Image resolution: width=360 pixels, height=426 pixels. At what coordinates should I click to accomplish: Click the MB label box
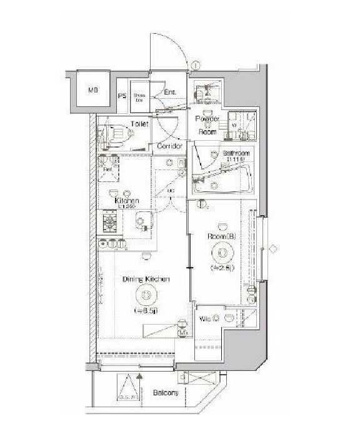click(92, 91)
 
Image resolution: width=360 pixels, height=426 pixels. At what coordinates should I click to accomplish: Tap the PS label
click(122, 96)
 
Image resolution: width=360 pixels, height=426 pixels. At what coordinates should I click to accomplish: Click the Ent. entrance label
click(169, 93)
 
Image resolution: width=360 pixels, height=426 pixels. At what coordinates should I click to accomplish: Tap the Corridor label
click(169, 146)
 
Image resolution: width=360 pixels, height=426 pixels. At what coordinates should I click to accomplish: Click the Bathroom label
click(237, 154)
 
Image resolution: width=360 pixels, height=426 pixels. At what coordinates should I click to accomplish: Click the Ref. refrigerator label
click(107, 169)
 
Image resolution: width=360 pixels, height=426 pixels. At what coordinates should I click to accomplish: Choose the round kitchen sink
click(142, 220)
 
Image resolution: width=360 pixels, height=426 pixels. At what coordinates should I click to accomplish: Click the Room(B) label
click(221, 237)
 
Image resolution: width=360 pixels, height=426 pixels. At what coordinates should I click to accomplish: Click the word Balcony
click(165, 393)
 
